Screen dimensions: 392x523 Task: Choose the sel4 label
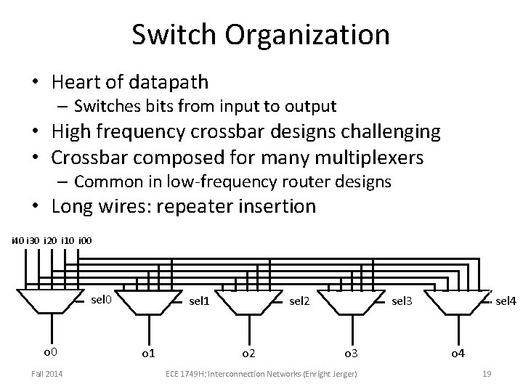(x=506, y=299)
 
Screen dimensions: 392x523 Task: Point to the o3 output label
(x=352, y=353)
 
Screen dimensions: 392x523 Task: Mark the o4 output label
(x=458, y=353)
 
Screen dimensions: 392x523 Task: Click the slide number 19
(x=487, y=373)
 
